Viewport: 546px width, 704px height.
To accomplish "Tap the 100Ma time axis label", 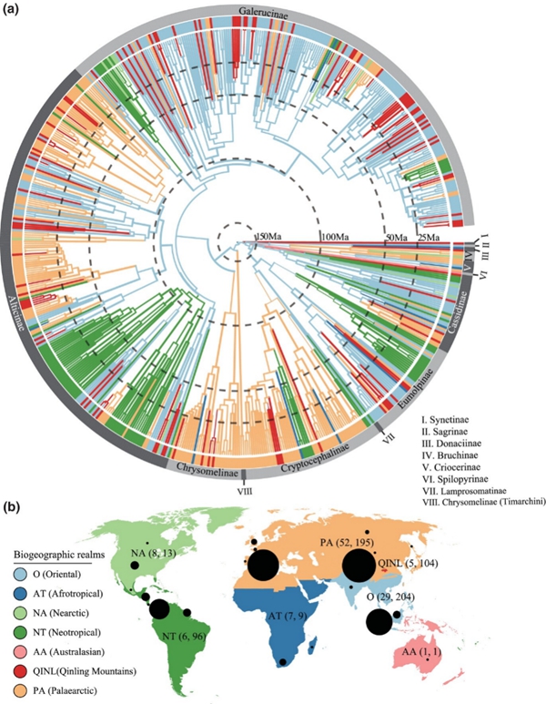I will (335, 238).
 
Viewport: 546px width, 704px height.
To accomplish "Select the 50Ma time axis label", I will (396, 238).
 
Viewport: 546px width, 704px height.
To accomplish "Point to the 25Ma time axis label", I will (429, 238).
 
